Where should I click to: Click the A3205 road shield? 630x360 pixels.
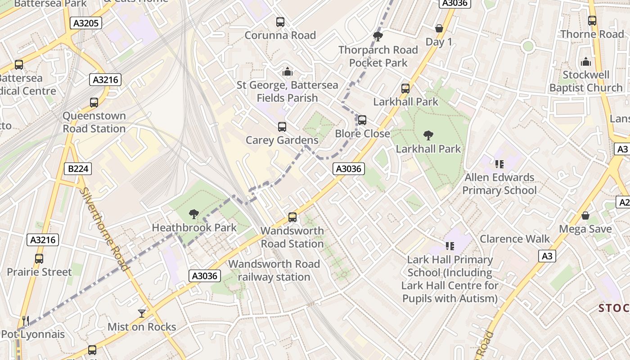point(86,23)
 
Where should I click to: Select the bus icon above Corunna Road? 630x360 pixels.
point(280,22)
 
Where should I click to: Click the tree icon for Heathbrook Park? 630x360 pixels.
point(194,214)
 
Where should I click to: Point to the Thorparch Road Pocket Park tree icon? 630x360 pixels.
point(378,36)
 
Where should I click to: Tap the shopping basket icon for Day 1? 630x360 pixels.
point(439,28)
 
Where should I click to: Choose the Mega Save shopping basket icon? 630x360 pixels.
point(585,216)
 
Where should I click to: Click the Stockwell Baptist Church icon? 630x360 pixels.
point(586,61)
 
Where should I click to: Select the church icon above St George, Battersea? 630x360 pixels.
point(287,71)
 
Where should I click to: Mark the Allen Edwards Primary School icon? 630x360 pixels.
point(499,164)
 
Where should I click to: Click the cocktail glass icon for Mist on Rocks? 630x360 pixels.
point(142,313)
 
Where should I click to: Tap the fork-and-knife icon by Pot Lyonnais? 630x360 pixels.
point(26,321)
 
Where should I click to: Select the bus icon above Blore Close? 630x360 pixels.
point(362,120)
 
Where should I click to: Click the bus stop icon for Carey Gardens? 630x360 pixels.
point(282,127)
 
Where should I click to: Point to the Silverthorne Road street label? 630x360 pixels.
point(105,229)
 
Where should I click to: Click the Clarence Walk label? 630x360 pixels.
point(514,238)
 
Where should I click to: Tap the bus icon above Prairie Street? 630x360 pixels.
point(39,259)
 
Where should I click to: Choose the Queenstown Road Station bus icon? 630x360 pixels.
point(94,102)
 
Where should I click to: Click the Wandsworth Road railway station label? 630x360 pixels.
point(274,270)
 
